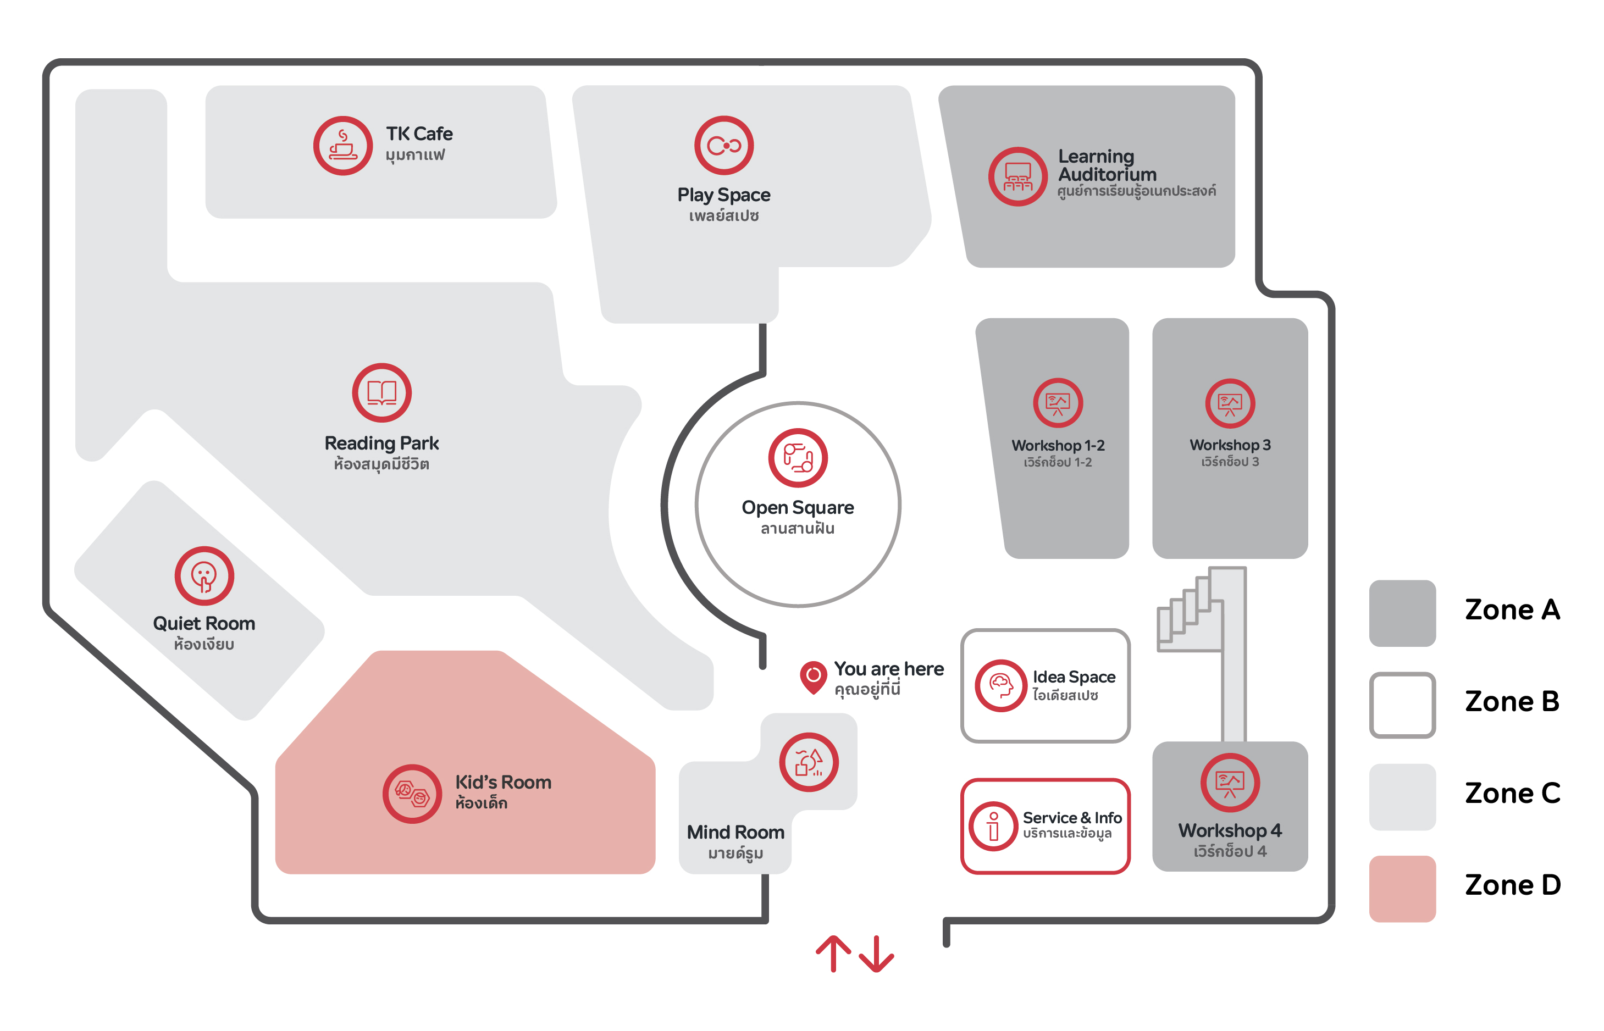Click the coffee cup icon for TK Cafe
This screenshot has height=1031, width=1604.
(x=343, y=146)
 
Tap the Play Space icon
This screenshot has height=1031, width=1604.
(x=724, y=145)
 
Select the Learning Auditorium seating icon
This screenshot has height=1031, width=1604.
(x=1017, y=177)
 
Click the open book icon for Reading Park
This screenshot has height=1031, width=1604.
(x=381, y=393)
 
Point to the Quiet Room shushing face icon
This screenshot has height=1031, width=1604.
(x=204, y=576)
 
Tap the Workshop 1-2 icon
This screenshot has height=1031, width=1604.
(x=1058, y=403)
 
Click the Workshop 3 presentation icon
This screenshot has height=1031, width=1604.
(x=1230, y=403)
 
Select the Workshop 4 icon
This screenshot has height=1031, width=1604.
(x=1230, y=782)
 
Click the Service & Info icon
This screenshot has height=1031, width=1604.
(x=993, y=826)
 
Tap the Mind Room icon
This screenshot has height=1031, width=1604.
(x=809, y=762)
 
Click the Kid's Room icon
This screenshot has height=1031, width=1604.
(x=412, y=794)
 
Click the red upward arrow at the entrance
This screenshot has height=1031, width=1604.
(x=833, y=954)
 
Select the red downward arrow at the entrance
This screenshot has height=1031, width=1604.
(x=876, y=954)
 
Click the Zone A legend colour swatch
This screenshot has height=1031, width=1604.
(x=1402, y=613)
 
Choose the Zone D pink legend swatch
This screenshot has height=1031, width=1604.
(x=1402, y=889)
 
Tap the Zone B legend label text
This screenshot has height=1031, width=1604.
(x=1512, y=702)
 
